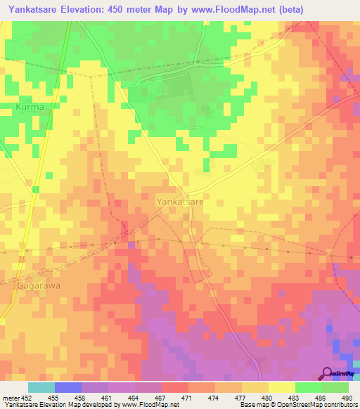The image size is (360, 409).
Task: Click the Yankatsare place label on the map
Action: [x=180, y=201]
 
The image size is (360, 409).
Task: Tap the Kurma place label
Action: [x=30, y=107]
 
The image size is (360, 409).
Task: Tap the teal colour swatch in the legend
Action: [x=41, y=387]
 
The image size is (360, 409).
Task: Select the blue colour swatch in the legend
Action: [x=68, y=387]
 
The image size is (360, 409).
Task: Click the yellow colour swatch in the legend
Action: [x=281, y=387]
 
